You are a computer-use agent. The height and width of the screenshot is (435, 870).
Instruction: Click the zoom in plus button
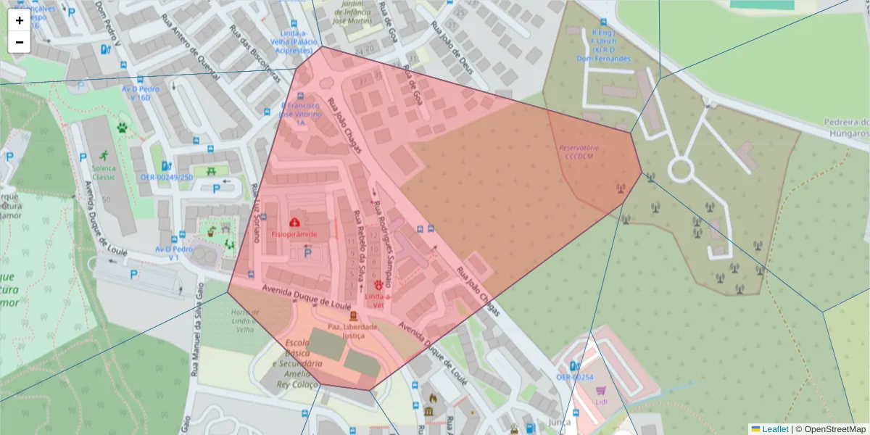click(x=20, y=20)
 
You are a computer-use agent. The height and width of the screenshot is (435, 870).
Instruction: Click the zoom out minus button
click(x=20, y=42)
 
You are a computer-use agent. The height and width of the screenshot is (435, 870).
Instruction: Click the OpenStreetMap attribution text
click(x=834, y=429)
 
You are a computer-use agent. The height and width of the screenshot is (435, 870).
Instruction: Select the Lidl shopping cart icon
click(x=601, y=391)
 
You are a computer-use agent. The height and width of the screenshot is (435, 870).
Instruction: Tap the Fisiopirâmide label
click(x=294, y=234)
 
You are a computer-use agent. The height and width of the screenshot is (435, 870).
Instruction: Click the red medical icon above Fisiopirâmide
click(x=294, y=222)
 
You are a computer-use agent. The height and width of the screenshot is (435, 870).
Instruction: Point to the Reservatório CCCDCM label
click(x=579, y=152)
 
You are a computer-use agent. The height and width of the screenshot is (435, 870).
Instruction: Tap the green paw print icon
click(x=122, y=128)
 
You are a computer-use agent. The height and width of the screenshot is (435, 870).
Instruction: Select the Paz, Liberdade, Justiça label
click(x=353, y=331)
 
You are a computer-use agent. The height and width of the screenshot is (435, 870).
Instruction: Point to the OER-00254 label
click(x=575, y=377)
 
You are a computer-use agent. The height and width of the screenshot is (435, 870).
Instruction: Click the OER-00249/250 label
click(x=167, y=177)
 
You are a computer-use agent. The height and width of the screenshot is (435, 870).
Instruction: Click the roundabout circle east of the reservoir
click(x=680, y=170)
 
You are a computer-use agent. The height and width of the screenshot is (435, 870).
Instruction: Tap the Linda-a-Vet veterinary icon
click(x=378, y=285)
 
